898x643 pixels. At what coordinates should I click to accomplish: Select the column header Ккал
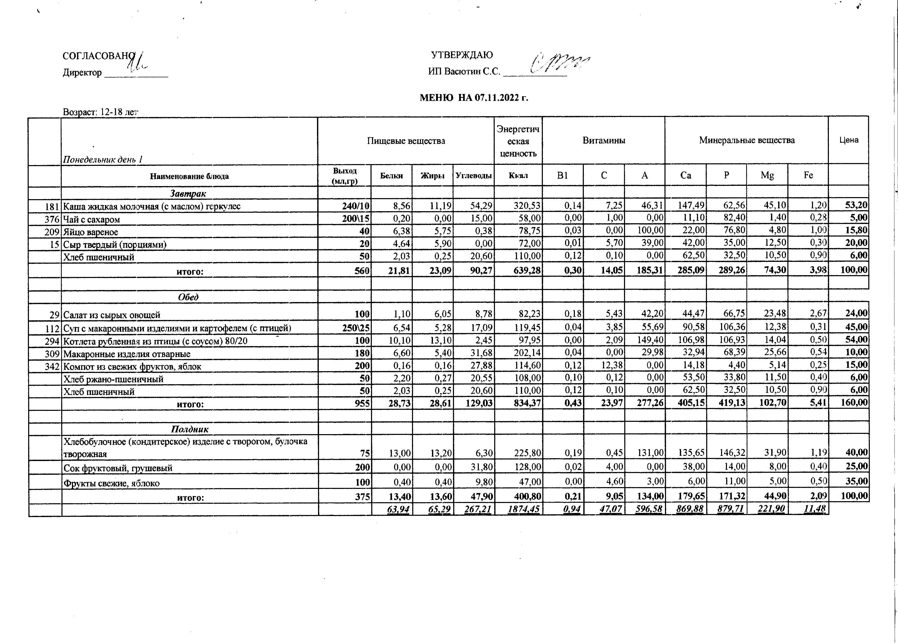pyautogui.click(x=518, y=175)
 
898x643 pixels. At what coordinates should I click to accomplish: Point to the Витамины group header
pyautogui.click(x=604, y=141)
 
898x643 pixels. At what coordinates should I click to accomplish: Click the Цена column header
pyautogui.click(x=849, y=140)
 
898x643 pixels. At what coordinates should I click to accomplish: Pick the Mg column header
pyautogui.click(x=767, y=175)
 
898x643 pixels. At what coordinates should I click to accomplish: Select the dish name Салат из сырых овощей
pyautogui.click(x=112, y=315)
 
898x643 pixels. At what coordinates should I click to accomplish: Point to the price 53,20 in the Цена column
pyautogui.click(x=856, y=205)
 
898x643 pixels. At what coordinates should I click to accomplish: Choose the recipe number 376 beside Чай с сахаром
pyautogui.click(x=52, y=219)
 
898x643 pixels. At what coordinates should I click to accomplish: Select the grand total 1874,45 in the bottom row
pyautogui.click(x=523, y=509)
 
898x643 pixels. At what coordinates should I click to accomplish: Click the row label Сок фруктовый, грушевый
pyautogui.click(x=118, y=468)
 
